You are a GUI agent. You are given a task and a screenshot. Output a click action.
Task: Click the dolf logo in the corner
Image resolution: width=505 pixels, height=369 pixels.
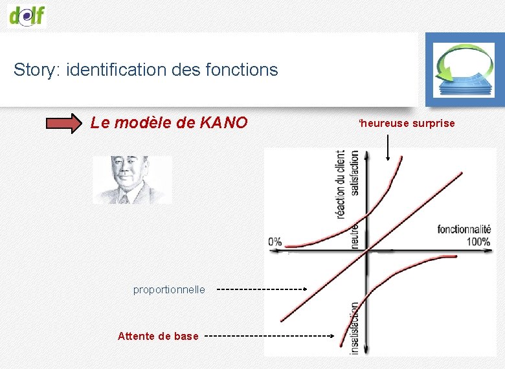click(27, 14)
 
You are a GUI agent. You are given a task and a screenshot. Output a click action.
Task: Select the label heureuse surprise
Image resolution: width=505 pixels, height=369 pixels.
click(407, 123)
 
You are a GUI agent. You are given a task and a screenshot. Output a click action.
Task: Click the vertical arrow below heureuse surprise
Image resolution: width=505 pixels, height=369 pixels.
click(387, 146)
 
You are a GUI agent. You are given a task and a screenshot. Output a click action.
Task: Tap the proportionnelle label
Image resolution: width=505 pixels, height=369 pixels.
click(169, 289)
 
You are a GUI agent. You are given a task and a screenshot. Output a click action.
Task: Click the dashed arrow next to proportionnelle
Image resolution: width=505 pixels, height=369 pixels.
click(262, 289)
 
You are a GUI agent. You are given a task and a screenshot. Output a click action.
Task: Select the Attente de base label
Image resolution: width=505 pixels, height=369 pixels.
click(158, 336)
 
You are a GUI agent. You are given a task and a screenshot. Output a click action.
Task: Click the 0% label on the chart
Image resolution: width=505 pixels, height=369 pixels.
click(275, 241)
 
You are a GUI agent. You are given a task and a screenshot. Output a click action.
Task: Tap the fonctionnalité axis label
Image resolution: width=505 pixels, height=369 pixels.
click(464, 229)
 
